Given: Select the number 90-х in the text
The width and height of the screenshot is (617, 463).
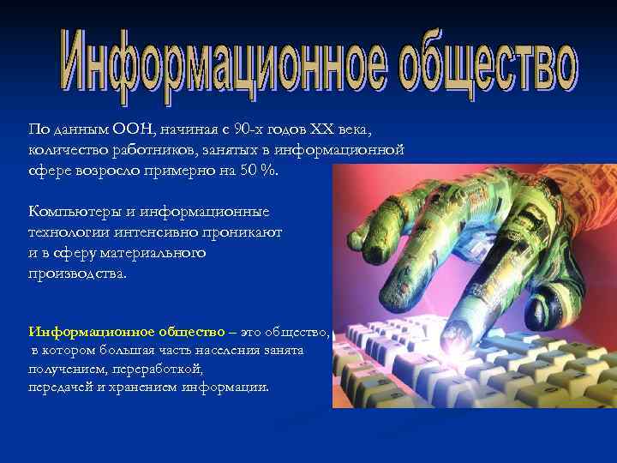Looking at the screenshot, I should point(244,129).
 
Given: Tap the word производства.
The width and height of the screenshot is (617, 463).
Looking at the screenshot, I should point(77,274).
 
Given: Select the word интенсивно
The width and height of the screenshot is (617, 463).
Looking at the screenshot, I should point(157,232).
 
